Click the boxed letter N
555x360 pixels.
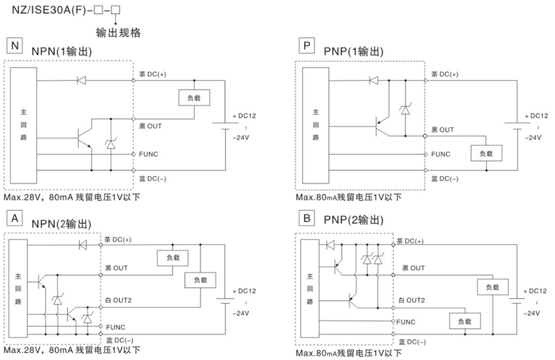click(x=14, y=46)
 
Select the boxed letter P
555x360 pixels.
click(x=306, y=46)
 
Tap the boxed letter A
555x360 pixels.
click(x=14, y=219)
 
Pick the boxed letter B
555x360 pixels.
click(x=306, y=219)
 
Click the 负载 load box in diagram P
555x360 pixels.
click(x=486, y=153)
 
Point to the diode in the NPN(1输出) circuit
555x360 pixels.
click(x=82, y=80)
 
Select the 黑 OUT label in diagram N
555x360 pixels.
click(x=150, y=126)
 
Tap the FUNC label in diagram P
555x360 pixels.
click(x=441, y=154)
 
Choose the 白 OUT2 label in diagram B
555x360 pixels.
click(x=411, y=300)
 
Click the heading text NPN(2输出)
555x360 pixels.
click(x=61, y=224)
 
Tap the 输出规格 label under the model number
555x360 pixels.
click(x=119, y=33)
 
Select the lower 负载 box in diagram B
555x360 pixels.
click(x=465, y=322)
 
